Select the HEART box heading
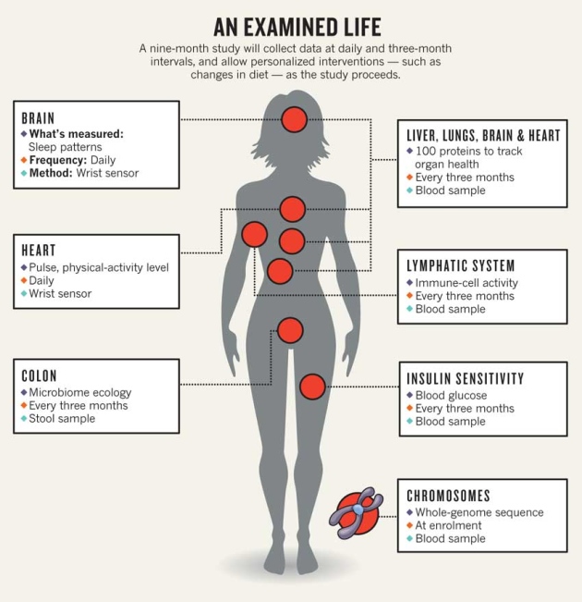click(x=39, y=251)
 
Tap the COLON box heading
click(x=40, y=376)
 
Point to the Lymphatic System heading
click(x=474, y=266)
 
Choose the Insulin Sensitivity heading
click(x=466, y=378)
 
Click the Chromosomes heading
click(x=448, y=496)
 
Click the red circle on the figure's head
click(x=295, y=118)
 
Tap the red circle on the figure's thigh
click(x=313, y=387)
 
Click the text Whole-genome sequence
click(x=479, y=512)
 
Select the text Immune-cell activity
click(x=467, y=283)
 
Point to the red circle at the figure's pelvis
click(x=290, y=329)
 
